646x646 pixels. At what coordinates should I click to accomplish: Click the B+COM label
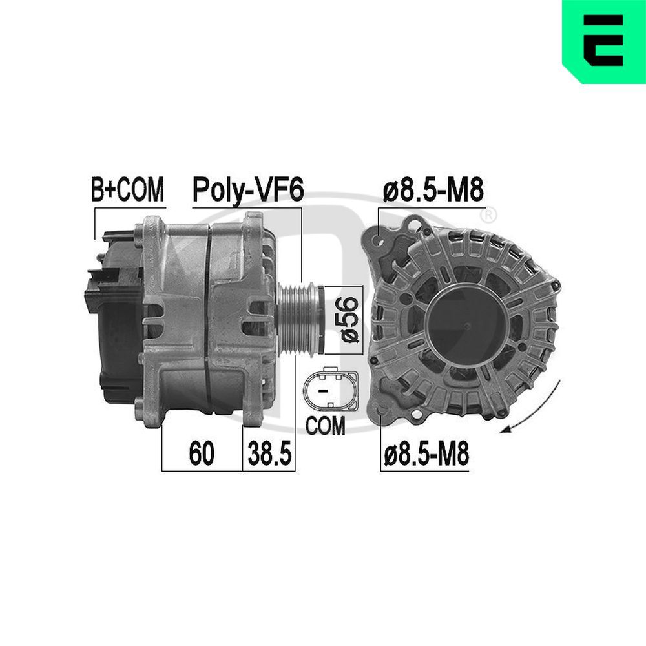click(x=128, y=191)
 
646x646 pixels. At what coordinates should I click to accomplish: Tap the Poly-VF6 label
click(x=247, y=191)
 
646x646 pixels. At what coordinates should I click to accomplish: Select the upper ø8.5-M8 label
click(x=432, y=191)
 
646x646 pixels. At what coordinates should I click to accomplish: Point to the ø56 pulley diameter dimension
click(x=348, y=319)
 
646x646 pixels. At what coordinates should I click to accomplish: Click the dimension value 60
click(x=201, y=455)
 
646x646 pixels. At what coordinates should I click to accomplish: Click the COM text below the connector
click(x=326, y=426)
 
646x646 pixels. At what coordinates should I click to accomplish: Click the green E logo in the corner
click(x=603, y=41)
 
